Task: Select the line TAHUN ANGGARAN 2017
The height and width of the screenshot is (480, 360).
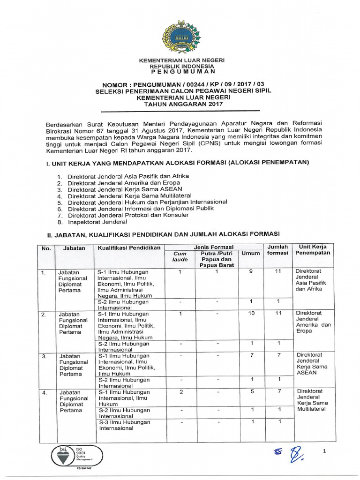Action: (x=180, y=105)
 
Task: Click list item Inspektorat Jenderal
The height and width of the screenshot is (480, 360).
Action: (x=97, y=221)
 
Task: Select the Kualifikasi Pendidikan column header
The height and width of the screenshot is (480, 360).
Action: (x=129, y=247)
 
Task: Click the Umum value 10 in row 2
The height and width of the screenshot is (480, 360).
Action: (x=251, y=313)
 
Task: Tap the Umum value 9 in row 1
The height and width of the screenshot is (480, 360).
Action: (x=251, y=271)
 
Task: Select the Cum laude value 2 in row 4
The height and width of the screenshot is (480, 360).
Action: (x=180, y=391)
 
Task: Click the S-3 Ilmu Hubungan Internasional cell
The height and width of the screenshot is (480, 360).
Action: (x=125, y=425)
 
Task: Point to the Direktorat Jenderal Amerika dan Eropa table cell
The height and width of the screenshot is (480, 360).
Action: (x=313, y=322)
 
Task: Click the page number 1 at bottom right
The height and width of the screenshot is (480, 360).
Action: (x=324, y=451)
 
